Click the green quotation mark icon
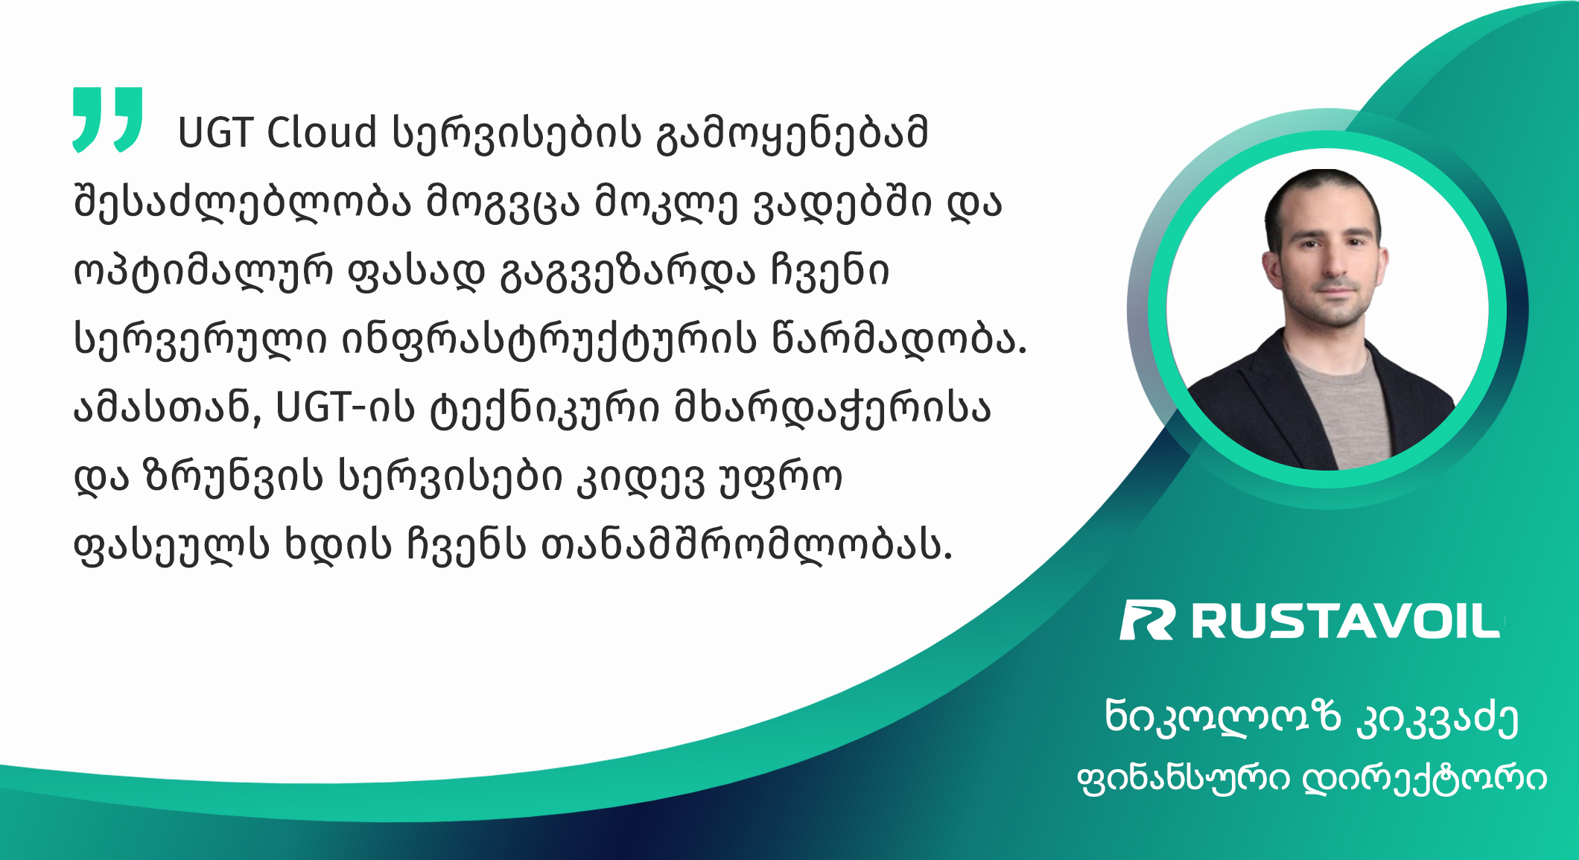pos(108,119)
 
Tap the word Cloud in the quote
pos(321,133)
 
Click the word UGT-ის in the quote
pos(345,408)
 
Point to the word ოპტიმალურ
pos(203,272)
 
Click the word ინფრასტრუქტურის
pos(549,340)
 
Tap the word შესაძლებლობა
pos(242,201)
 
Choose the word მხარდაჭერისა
pos(832,409)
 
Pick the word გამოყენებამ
pos(792,134)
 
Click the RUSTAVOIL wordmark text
pos(1346,621)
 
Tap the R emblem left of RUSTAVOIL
pos(1148,620)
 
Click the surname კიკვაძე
pos(1437,718)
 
